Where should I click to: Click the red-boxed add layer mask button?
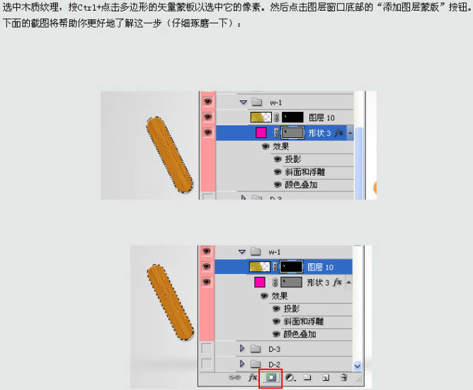pyautogui.click(x=270, y=377)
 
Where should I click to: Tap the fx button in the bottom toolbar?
pyautogui.click(x=253, y=377)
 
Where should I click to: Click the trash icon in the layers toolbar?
pyautogui.click(x=343, y=377)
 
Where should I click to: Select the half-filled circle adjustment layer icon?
pyautogui.click(x=290, y=377)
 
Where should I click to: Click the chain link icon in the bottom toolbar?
pyautogui.click(x=234, y=377)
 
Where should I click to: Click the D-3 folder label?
pyautogui.click(x=274, y=349)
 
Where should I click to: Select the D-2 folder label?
pyautogui.click(x=274, y=365)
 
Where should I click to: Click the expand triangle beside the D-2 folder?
pyautogui.click(x=242, y=364)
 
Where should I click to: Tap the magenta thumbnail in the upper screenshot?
pyautogui.click(x=261, y=133)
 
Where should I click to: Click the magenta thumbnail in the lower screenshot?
pyautogui.click(x=260, y=282)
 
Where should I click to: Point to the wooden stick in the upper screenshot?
pyautogui.click(x=169, y=155)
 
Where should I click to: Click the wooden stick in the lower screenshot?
pyautogui.click(x=171, y=302)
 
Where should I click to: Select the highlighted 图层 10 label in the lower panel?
pyautogui.click(x=320, y=267)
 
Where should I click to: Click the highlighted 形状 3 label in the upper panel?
pyautogui.click(x=319, y=133)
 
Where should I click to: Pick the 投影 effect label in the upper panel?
pyautogui.click(x=293, y=159)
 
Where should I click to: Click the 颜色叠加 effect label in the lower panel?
pyautogui.click(x=300, y=334)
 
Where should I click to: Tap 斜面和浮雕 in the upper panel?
pyautogui.click(x=305, y=172)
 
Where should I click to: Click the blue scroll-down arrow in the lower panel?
pyautogui.click(x=357, y=366)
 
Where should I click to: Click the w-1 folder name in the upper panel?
pyautogui.click(x=275, y=103)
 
